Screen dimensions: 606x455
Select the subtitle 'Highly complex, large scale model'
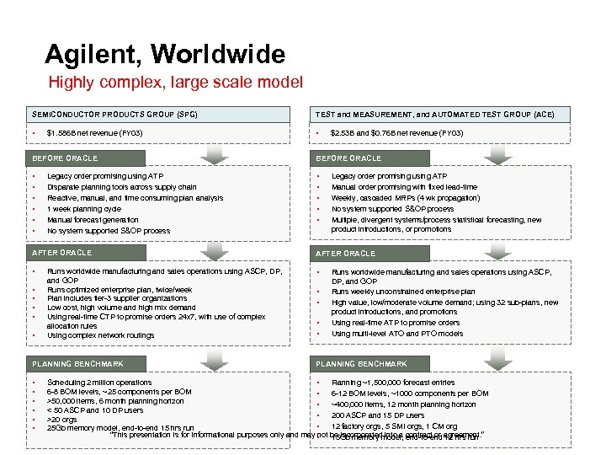pyautogui.click(x=176, y=83)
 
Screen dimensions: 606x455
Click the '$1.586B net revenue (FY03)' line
pyautogui.click(x=94, y=133)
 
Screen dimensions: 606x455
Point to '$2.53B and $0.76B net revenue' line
pyautogui.click(x=396, y=133)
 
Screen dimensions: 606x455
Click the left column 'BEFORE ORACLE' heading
pyautogui.click(x=65, y=158)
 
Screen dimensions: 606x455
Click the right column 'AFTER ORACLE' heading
pyautogui.click(x=345, y=253)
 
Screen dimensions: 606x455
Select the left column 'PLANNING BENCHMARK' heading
pyautogui.click(x=77, y=364)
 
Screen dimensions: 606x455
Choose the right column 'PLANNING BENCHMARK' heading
pyautogui.click(x=361, y=364)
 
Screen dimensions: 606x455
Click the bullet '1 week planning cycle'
pyautogui.click(x=84, y=208)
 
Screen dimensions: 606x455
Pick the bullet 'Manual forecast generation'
pyautogui.click(x=92, y=219)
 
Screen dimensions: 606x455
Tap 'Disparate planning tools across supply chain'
pyautogui.click(x=121, y=186)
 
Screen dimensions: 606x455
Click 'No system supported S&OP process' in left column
pyautogui.click(x=109, y=230)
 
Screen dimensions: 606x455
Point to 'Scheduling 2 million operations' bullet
pyautogui.click(x=99, y=382)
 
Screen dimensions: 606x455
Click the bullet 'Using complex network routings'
pyautogui.click(x=100, y=335)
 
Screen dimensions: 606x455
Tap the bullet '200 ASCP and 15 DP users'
pyautogui.click(x=378, y=415)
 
